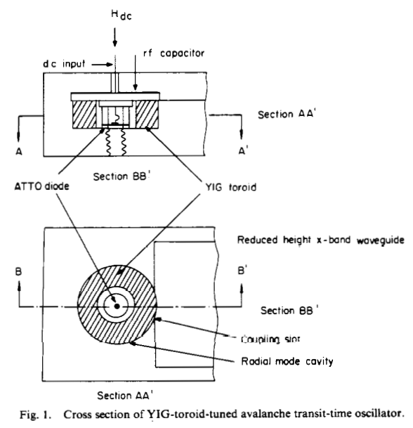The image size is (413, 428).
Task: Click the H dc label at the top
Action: (x=122, y=15)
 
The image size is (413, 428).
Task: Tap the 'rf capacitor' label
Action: (x=173, y=53)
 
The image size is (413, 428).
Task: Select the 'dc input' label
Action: (x=64, y=64)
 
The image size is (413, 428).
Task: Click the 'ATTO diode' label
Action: (x=41, y=186)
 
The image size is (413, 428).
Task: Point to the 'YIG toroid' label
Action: (x=231, y=187)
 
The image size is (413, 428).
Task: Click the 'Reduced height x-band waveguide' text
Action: (x=321, y=240)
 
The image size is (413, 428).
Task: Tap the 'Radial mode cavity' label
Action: (x=287, y=361)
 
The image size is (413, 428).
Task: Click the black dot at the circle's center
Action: (x=117, y=306)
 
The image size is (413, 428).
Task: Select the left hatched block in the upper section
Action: (x=84, y=115)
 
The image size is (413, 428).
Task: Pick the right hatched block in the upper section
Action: (x=147, y=115)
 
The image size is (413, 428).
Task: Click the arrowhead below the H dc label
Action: (x=115, y=43)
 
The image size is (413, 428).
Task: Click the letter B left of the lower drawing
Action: (x=18, y=272)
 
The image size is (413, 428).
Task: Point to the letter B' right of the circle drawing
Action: (x=242, y=271)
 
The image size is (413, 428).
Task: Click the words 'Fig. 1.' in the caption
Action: (x=35, y=415)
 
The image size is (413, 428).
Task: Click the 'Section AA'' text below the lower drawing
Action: (x=125, y=396)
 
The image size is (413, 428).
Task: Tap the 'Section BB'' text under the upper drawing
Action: (x=122, y=176)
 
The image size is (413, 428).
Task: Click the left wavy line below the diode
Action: (x=108, y=142)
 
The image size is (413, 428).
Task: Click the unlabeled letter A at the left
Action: (x=18, y=151)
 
